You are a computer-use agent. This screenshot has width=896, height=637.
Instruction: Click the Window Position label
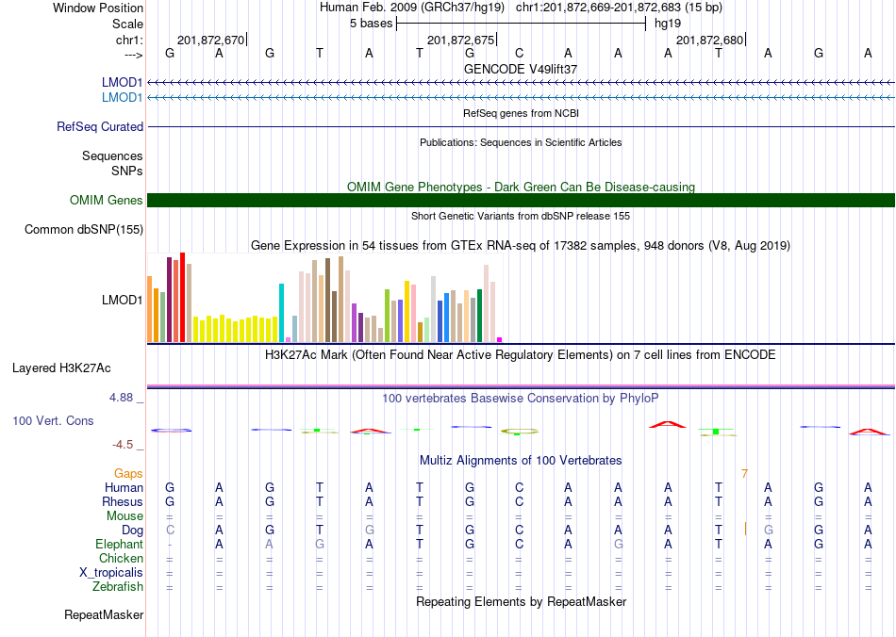tap(98, 8)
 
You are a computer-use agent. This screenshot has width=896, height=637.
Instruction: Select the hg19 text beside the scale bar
tap(668, 24)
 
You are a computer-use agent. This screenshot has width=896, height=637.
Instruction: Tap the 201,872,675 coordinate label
tap(460, 40)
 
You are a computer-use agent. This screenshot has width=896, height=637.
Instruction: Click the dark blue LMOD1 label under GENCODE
tap(122, 83)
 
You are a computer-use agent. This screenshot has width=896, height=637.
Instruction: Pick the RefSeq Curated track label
tap(100, 126)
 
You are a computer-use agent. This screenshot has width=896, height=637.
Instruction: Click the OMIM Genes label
tap(107, 201)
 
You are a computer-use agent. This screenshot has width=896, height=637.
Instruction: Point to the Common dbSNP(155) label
tap(84, 230)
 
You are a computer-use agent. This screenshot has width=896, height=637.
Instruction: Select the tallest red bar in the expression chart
tap(182, 298)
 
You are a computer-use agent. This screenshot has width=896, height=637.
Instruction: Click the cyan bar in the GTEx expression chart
tap(281, 313)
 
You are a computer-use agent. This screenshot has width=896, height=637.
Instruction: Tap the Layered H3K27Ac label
tap(61, 368)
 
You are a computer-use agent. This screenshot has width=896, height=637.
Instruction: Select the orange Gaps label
tap(128, 474)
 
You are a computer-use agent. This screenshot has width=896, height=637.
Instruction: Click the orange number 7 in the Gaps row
tap(744, 474)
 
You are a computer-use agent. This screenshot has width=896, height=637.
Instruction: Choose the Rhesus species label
tap(123, 501)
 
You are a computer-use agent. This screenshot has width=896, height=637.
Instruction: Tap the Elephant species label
tap(119, 544)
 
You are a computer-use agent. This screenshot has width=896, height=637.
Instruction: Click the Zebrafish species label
tap(118, 586)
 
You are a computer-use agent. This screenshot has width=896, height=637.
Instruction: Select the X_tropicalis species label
tap(111, 573)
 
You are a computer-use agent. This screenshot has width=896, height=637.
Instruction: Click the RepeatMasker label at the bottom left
tap(104, 614)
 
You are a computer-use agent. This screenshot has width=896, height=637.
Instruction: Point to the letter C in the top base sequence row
tap(519, 53)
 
